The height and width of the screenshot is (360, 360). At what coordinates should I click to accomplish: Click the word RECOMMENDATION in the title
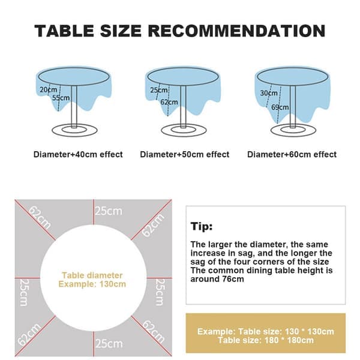point(236,31)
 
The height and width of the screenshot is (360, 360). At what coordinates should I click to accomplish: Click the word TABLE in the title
point(64,31)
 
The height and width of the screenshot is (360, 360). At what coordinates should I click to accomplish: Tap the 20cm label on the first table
point(48,89)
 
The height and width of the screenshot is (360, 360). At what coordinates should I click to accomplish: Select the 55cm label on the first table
point(61,98)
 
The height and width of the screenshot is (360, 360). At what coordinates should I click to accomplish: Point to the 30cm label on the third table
point(269,93)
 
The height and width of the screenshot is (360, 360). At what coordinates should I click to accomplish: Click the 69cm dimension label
point(280,107)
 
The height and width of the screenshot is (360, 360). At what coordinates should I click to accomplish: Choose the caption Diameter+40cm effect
point(78,154)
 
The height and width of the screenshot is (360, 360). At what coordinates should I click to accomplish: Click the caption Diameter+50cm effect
point(185,154)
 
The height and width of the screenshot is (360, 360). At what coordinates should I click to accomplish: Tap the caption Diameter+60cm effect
point(292,154)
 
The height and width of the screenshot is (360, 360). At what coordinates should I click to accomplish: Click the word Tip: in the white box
point(202,226)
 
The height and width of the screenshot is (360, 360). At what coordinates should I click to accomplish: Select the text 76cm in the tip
point(233,279)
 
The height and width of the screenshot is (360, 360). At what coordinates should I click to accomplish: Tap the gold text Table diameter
point(92,275)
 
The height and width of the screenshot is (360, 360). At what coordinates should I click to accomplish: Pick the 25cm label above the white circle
point(109,211)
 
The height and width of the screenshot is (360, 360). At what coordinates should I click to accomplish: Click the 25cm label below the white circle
point(109,344)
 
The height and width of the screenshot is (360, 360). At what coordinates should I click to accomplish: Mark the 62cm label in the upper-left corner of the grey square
point(40,218)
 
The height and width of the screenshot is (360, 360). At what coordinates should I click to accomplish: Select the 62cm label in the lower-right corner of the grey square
point(154,332)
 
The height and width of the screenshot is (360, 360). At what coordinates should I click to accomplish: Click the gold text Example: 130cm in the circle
point(92,284)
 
